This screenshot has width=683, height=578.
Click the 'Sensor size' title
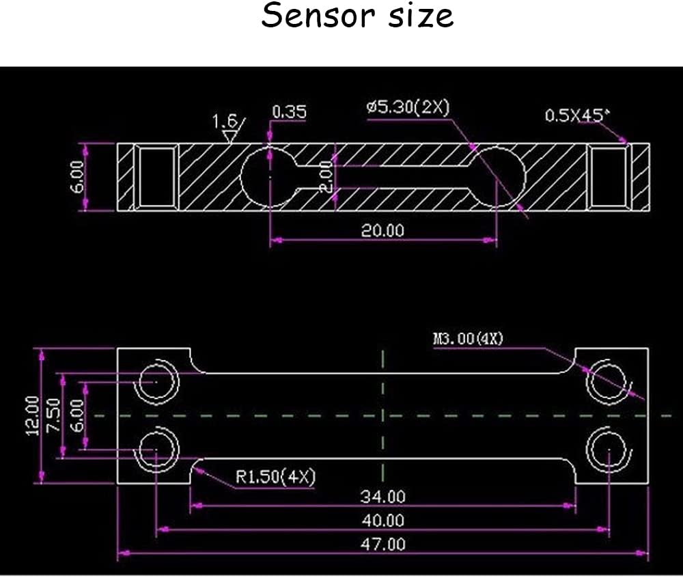pos(357,16)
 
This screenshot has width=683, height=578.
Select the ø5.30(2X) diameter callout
pos(408,107)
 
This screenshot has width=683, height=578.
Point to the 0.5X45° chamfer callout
pos(576,115)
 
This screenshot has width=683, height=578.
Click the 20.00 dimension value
pos(382,230)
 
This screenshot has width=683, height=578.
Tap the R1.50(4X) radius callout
pos(275,476)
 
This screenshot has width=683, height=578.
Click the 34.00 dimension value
pos(382,496)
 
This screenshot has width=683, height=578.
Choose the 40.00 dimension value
pos(382,520)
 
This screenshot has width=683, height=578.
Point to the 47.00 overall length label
pos(382,544)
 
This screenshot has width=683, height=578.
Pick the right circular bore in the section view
pos(497,176)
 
